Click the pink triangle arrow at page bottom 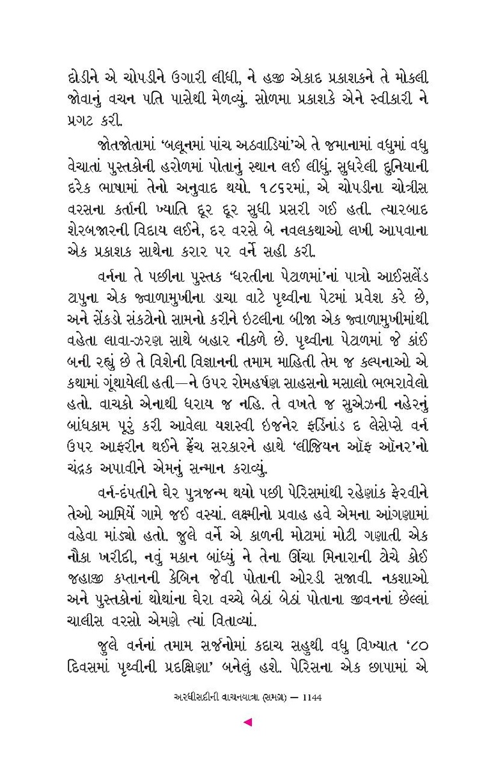(249, 722)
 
